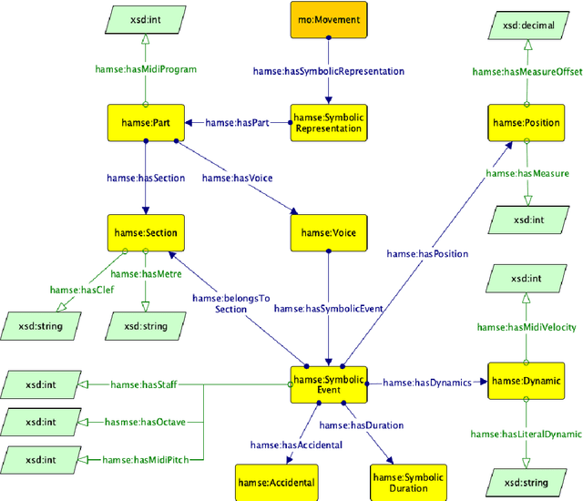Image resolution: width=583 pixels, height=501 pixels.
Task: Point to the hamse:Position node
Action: [525, 121]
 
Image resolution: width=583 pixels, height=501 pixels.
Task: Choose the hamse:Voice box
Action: [328, 232]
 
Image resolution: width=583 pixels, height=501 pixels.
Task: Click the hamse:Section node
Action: [143, 232]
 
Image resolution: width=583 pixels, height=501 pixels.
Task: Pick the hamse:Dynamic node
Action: [525, 381]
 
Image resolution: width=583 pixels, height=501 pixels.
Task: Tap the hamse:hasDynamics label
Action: [427, 383]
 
